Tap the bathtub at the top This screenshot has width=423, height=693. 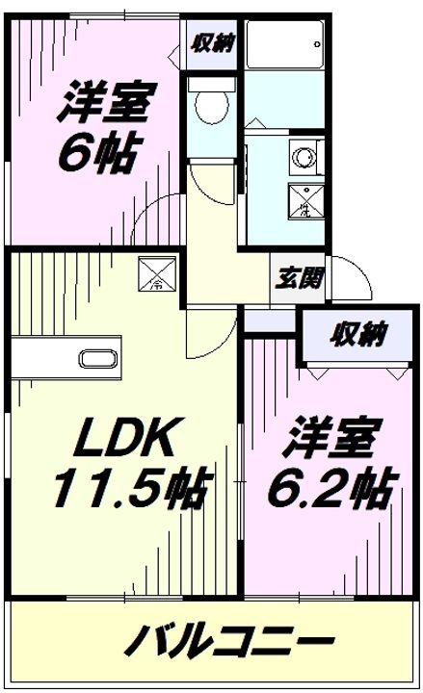point(284,43)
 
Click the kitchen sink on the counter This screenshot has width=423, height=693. point(97,361)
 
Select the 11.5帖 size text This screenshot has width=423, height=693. point(127,491)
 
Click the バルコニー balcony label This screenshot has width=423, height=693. point(230,639)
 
